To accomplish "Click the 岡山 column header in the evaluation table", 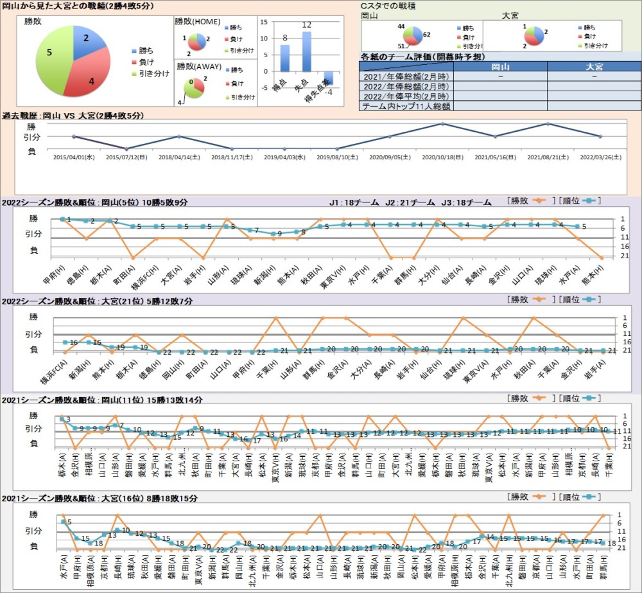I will click(500, 67).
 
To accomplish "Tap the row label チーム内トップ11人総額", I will click(406, 106).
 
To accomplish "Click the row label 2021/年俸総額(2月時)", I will click(406, 76).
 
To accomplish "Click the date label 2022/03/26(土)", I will click(600, 156).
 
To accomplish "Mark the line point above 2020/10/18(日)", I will click(442, 123).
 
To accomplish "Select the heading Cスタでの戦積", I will click(389, 6).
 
